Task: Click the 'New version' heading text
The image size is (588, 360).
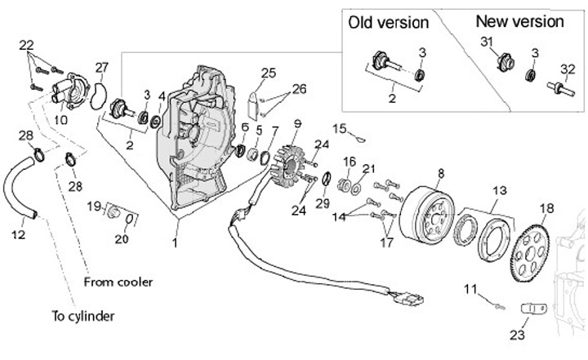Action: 519,22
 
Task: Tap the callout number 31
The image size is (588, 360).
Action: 485,42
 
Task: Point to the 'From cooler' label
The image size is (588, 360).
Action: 118,282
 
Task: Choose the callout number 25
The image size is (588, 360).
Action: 269,73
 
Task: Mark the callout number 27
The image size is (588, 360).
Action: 101,67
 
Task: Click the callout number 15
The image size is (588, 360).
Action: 338,127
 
